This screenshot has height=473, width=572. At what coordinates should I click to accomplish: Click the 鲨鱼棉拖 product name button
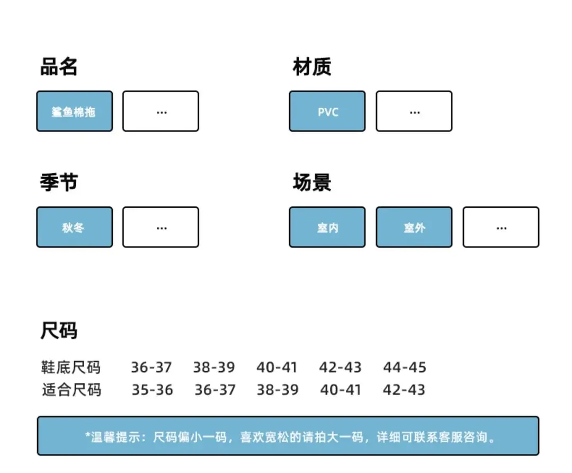coord(75,111)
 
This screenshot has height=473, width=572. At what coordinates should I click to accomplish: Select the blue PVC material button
coord(327,111)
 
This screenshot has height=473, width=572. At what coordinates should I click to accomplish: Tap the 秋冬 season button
coord(75,227)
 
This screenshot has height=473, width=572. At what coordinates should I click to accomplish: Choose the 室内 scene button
coord(327,227)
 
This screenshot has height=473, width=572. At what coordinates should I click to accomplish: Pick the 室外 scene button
coord(414,227)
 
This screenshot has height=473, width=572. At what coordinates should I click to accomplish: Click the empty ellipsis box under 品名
coord(161,111)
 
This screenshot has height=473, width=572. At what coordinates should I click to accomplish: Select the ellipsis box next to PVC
coord(414,111)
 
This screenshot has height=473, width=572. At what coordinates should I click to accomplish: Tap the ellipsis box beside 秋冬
coord(161,227)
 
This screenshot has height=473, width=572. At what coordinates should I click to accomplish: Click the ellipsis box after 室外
coord(501,227)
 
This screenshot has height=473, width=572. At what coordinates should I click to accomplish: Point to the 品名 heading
coord(59,67)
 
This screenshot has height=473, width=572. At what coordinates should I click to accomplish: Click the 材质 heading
coord(312,67)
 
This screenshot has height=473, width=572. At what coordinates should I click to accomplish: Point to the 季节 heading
coord(59,182)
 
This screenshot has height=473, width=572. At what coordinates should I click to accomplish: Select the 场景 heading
coord(312,182)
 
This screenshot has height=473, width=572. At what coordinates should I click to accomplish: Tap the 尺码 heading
coord(59,330)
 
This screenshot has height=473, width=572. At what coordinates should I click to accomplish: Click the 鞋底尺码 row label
coord(71,367)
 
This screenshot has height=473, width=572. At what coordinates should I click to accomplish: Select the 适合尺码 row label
coord(71,390)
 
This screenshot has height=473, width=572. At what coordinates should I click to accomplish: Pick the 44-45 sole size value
coord(405,367)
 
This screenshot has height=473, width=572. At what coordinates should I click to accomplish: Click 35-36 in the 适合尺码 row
coord(152,390)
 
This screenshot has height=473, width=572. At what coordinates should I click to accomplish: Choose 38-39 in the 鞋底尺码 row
coord(214,367)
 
